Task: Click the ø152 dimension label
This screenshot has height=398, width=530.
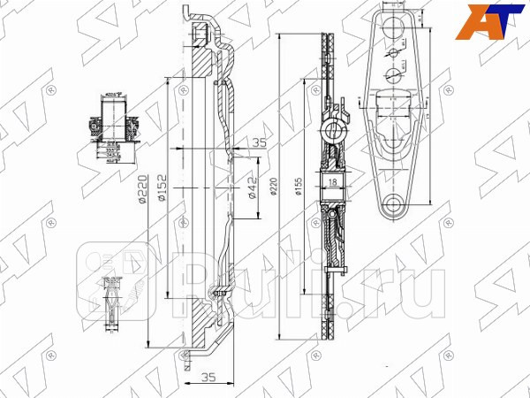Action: click(x=162, y=194)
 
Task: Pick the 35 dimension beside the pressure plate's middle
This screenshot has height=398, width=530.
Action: click(x=259, y=141)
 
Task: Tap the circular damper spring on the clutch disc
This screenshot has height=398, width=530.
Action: click(x=334, y=134)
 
